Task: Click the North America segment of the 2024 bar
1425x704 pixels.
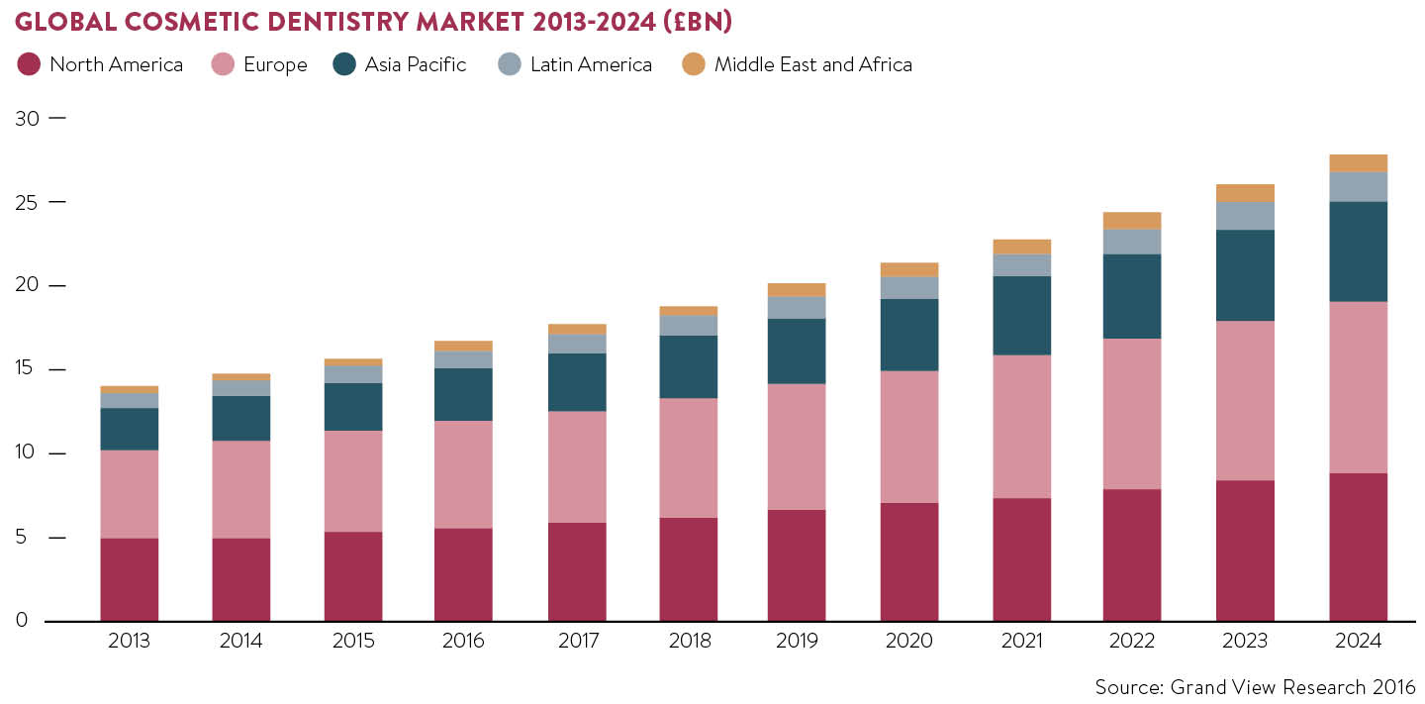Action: click(1358, 548)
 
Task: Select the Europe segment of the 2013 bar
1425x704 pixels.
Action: click(130, 494)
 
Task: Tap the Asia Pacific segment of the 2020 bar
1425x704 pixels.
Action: click(909, 335)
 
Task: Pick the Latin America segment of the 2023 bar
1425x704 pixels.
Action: click(1245, 216)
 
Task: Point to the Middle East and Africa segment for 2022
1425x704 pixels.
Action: click(1132, 221)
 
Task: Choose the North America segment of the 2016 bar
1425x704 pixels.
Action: click(463, 574)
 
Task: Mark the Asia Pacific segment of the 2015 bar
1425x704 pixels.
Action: click(353, 407)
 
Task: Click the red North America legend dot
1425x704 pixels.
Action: click(29, 65)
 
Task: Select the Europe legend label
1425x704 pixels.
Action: click(274, 65)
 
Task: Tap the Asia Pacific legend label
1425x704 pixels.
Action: click(415, 65)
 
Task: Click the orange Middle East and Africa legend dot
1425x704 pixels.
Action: click(694, 65)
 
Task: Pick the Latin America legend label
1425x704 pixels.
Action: click(591, 65)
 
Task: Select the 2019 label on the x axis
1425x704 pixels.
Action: click(798, 642)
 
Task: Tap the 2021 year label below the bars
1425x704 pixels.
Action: click(1021, 642)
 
